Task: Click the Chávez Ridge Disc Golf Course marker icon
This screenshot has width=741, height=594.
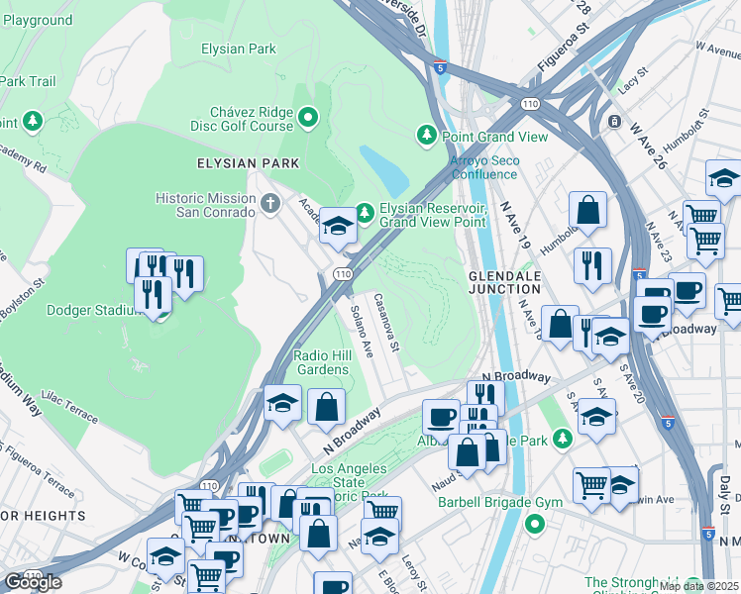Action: (x=308, y=119)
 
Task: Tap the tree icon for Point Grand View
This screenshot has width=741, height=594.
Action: (x=427, y=134)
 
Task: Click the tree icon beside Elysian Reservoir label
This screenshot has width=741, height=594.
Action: (x=365, y=210)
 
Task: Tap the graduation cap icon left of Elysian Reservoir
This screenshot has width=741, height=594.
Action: (x=337, y=228)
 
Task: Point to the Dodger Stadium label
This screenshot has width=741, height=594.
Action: (x=94, y=310)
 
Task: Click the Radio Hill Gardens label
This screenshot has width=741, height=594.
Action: (x=321, y=362)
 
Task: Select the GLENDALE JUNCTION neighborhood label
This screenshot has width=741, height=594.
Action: (x=504, y=281)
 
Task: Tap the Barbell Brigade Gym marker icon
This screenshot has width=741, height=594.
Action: (x=536, y=523)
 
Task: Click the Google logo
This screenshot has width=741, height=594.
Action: (x=34, y=582)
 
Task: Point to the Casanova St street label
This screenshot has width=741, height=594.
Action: (x=385, y=323)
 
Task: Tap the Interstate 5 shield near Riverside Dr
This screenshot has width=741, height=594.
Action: (x=439, y=66)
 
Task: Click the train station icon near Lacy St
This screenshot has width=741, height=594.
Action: (x=615, y=122)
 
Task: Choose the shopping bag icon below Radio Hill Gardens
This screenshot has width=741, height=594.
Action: (x=326, y=406)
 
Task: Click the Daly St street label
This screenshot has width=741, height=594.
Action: (x=725, y=491)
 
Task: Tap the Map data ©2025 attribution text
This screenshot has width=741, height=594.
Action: (x=697, y=586)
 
